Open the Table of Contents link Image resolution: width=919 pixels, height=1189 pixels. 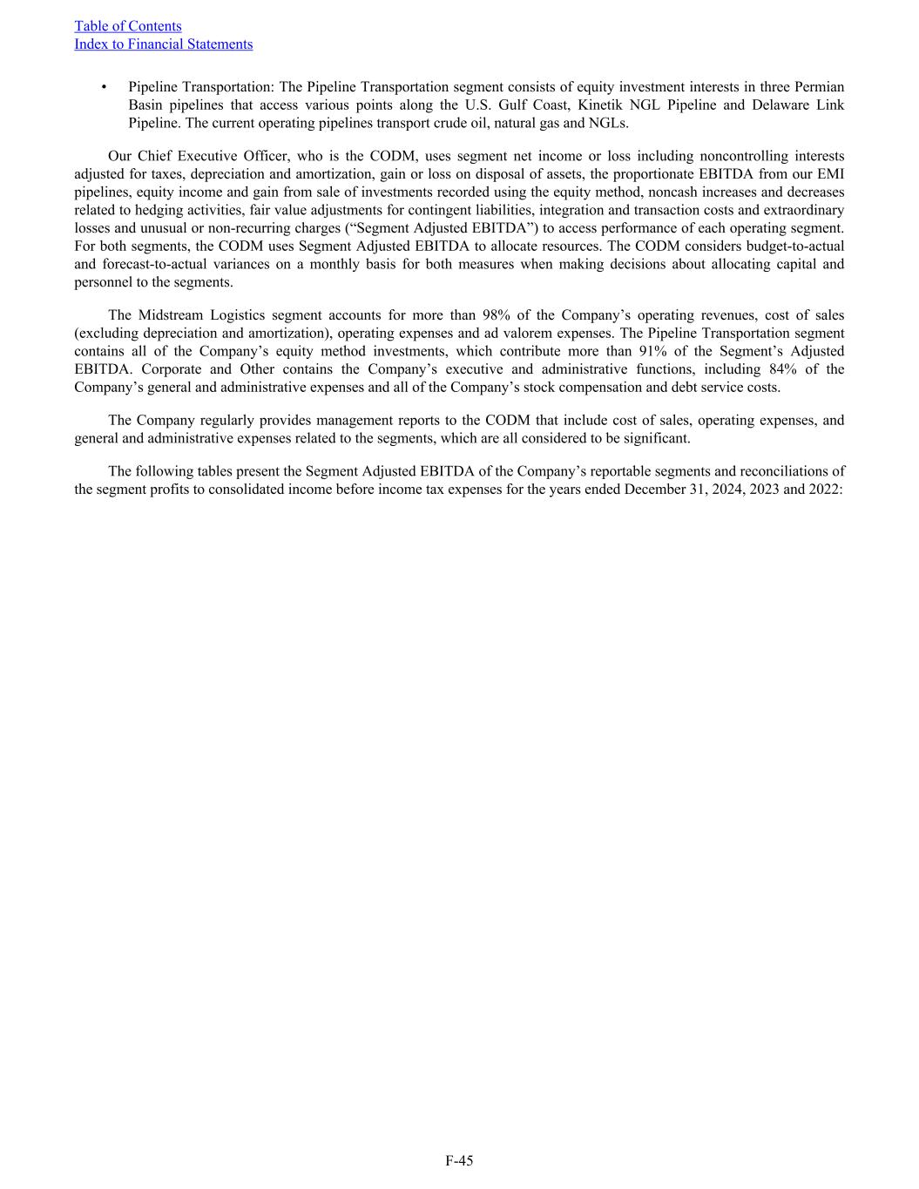[x=128, y=26]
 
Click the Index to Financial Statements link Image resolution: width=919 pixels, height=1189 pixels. [x=164, y=44]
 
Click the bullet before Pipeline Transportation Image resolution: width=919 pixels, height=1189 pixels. [x=104, y=87]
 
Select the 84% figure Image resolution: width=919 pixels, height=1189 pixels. [x=781, y=369]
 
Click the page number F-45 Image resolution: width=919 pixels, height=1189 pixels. [x=459, y=1161]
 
